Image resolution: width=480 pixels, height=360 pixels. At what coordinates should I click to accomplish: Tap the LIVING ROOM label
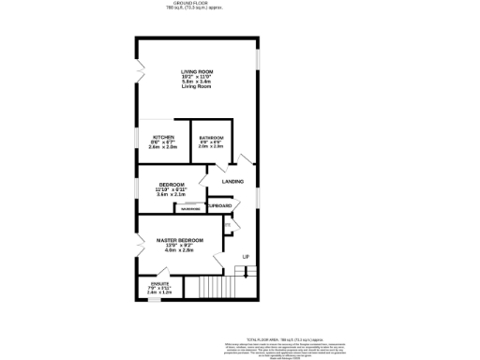click(x=197, y=71)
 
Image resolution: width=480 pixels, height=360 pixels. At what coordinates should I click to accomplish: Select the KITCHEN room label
click(x=163, y=137)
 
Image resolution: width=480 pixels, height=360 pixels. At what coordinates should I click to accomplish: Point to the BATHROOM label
click(x=212, y=137)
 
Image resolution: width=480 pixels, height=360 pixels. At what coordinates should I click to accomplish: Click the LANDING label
click(x=232, y=181)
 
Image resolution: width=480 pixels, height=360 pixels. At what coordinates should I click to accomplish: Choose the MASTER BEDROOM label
click(x=178, y=241)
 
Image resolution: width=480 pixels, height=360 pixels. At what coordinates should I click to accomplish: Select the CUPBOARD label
click(x=219, y=204)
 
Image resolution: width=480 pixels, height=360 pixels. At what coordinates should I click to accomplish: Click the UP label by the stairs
click(x=247, y=256)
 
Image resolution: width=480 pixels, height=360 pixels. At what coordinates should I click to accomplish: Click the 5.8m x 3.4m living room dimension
click(x=197, y=82)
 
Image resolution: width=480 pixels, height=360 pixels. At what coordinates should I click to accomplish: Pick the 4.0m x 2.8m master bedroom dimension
click(x=178, y=251)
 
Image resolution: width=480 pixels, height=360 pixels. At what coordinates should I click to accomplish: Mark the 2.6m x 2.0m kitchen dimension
click(x=163, y=147)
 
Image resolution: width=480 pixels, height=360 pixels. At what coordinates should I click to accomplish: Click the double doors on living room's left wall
click(x=137, y=70)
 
